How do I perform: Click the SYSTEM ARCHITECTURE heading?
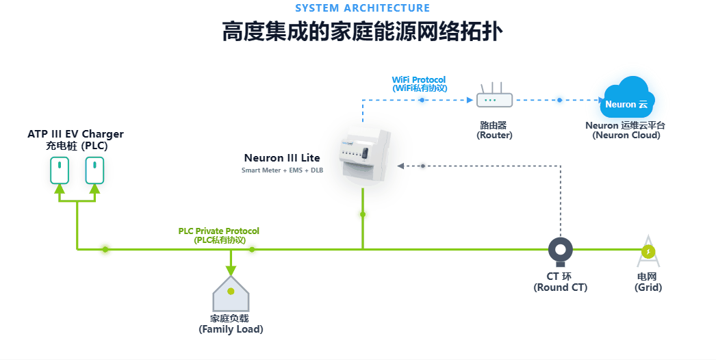(x=362, y=8)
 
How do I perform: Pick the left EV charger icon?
(x=60, y=170)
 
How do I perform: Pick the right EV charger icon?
(x=94, y=170)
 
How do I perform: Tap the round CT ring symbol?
(x=561, y=251)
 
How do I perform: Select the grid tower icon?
(x=648, y=253)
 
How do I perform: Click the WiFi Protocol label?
(x=418, y=80)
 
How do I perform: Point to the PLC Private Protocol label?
(x=218, y=231)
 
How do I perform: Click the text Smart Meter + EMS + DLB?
(x=282, y=170)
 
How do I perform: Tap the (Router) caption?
(x=494, y=136)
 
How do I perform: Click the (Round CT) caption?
(x=560, y=287)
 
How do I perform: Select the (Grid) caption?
(x=648, y=287)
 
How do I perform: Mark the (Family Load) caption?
(x=231, y=329)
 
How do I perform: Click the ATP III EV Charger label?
(x=75, y=135)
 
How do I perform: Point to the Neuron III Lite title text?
(x=282, y=158)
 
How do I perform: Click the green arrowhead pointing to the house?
(x=231, y=270)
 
